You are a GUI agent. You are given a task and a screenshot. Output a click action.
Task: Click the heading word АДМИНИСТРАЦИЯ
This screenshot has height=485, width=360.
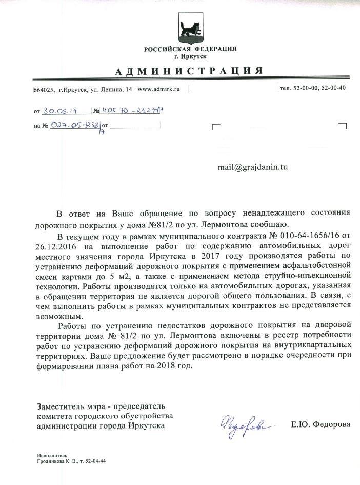coord(190,70)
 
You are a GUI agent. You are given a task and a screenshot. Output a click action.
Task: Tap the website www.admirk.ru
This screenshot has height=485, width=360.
coord(159,89)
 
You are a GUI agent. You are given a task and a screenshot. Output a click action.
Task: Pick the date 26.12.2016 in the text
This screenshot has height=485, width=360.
coord(54,246)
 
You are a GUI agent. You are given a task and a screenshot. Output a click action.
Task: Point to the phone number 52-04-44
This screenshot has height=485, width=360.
coord(95,461)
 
